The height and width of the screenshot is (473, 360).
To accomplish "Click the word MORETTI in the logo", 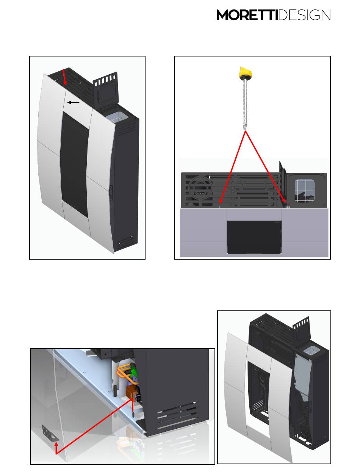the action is pyautogui.click(x=247, y=15).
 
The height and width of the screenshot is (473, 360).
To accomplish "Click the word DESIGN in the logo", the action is pyautogui.click(x=305, y=15).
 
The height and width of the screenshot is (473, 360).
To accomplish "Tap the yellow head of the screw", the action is pyautogui.click(x=245, y=73).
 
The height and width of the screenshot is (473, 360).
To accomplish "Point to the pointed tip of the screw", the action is pyautogui.click(x=245, y=128).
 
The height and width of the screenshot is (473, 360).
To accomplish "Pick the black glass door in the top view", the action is pyautogui.click(x=254, y=237).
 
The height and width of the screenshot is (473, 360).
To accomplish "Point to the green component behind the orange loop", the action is pyautogui.click(x=133, y=370).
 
